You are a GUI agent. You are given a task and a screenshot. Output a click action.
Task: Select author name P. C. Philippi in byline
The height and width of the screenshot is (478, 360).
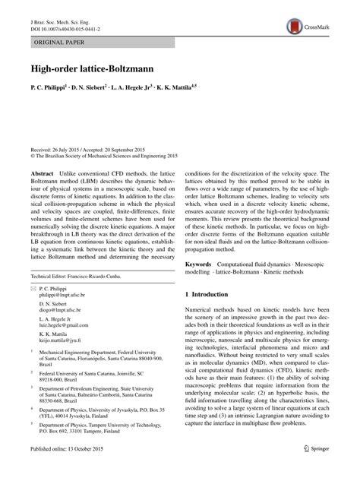pos(48,88)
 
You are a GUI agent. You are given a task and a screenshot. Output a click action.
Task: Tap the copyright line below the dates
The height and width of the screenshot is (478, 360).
pos(103,160)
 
